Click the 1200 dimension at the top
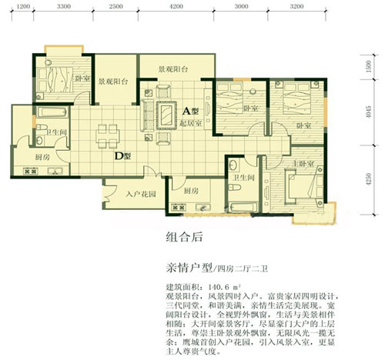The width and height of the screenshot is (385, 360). [23, 6]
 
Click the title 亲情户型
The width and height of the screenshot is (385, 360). [189, 268]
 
